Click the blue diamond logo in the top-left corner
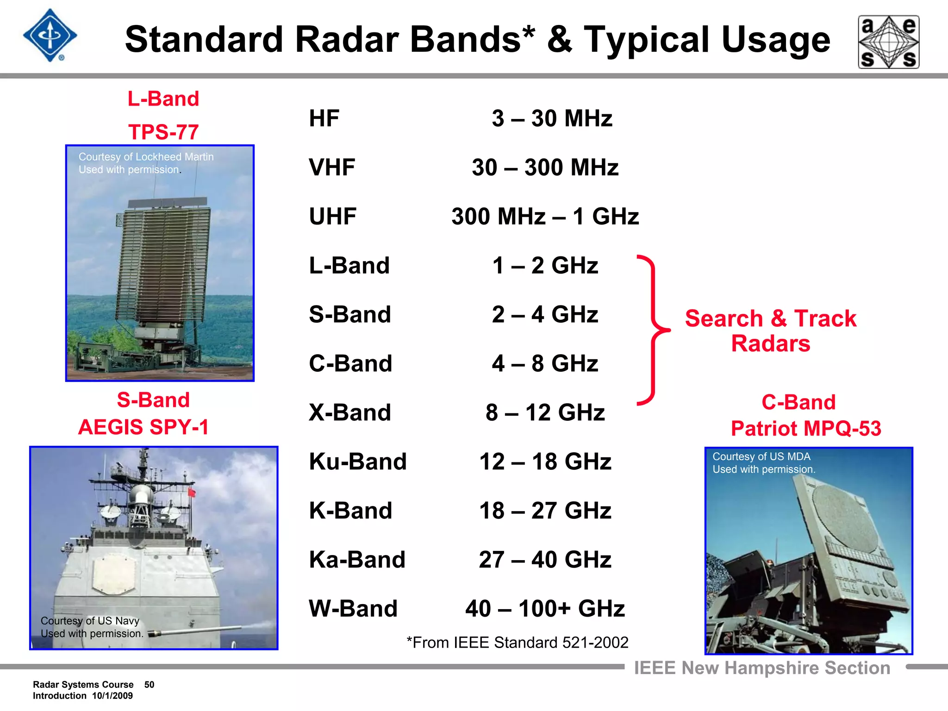pyautogui.click(x=50, y=36)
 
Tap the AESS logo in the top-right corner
pyautogui.click(x=888, y=42)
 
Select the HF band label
pyautogui.click(x=324, y=118)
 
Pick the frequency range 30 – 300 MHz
pyautogui.click(x=545, y=168)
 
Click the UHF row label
pyautogui.click(x=332, y=217)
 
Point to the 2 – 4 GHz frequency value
pyautogui.click(x=545, y=315)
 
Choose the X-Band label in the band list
pyautogui.click(x=350, y=412)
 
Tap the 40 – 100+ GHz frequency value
pyautogui.click(x=545, y=609)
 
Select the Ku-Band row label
pyautogui.click(x=357, y=462)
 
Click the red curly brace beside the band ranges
pyautogui.click(x=653, y=330)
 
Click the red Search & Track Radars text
pyautogui.click(x=770, y=331)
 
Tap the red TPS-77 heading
pyautogui.click(x=163, y=132)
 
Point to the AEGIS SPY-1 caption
pyautogui.click(x=143, y=427)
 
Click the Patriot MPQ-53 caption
pyautogui.click(x=805, y=428)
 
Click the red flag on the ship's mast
pyautogui.click(x=192, y=492)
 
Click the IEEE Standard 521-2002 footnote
pyautogui.click(x=517, y=642)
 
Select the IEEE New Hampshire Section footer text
pyautogui.click(x=762, y=668)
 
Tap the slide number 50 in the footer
pyautogui.click(x=149, y=685)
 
